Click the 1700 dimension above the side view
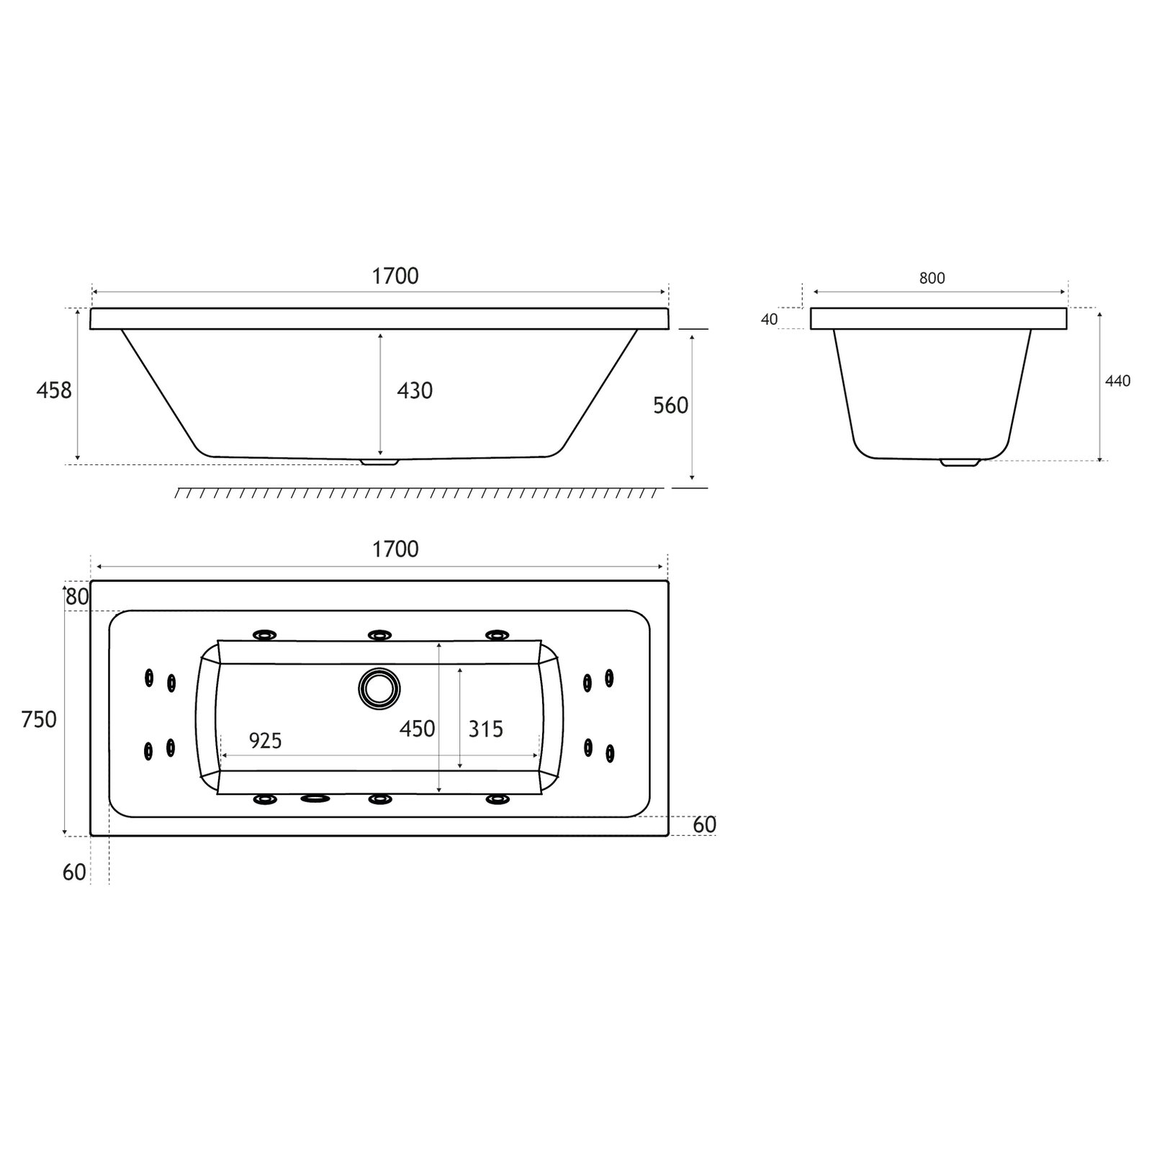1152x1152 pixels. [x=395, y=276]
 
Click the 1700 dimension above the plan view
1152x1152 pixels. [x=395, y=549]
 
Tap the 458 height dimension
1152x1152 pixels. [x=55, y=390]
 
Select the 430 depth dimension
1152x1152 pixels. [x=415, y=391]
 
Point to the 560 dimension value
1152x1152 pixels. [x=670, y=406]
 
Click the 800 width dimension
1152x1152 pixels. [x=932, y=279]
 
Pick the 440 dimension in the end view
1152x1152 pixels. [x=1117, y=382]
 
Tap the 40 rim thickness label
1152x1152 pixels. [x=769, y=320]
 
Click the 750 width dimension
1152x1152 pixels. [x=39, y=719]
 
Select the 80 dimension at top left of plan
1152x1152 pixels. [x=77, y=597]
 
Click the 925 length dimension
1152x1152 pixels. [x=265, y=740]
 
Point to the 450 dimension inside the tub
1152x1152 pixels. [x=418, y=729]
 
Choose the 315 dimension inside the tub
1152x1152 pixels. [x=485, y=729]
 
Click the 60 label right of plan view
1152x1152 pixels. [x=704, y=824]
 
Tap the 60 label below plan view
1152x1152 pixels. [x=74, y=873]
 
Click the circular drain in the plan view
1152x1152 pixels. [x=379, y=688]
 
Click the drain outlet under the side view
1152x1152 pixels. [x=380, y=462]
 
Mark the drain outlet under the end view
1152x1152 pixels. [x=960, y=463]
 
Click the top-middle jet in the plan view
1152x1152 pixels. [x=379, y=635]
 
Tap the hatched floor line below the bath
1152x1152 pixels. [x=418, y=493]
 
